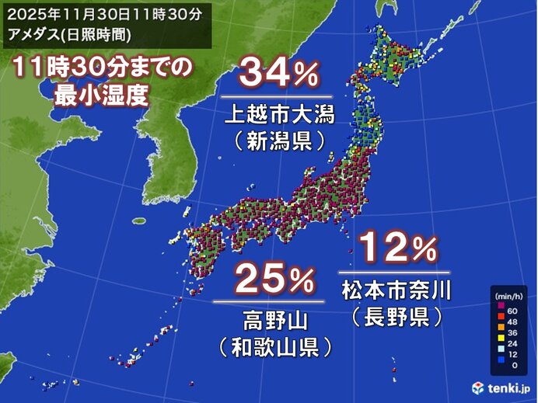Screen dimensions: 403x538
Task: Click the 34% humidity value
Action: point(278,75)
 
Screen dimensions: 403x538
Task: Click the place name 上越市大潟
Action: point(278,116)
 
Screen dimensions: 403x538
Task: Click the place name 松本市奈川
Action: point(397,291)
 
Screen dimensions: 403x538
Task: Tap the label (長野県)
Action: point(397,316)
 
